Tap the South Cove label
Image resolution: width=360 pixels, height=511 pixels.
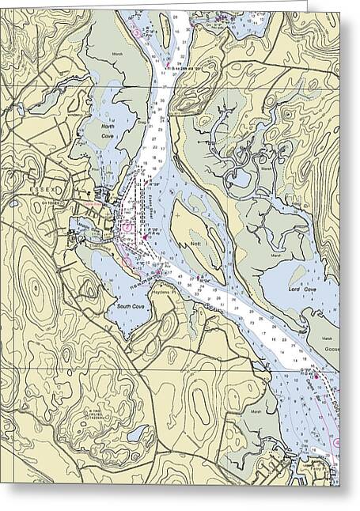[129, 305]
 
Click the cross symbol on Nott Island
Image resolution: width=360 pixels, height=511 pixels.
[181, 215]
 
